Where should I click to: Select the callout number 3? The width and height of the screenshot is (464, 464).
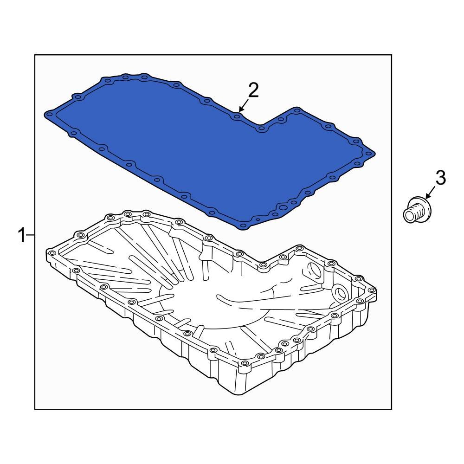[440, 177]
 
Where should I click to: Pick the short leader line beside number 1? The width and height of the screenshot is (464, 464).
[31, 235]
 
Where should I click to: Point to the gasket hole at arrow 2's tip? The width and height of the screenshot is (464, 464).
[237, 115]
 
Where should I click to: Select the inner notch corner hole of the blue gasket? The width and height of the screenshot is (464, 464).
[261, 128]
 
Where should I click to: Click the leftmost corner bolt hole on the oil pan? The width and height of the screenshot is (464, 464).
[51, 253]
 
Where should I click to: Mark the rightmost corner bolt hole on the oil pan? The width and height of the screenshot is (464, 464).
[371, 290]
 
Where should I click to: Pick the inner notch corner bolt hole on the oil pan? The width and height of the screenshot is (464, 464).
[263, 265]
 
